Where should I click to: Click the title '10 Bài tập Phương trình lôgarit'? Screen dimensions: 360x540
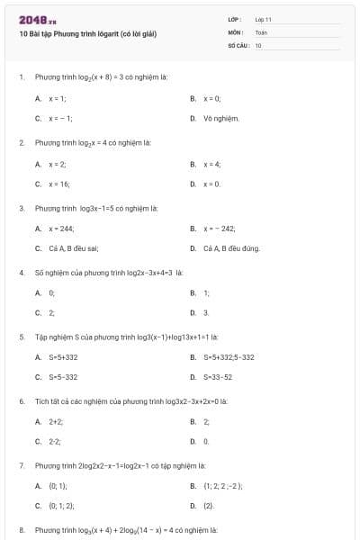[x=87, y=34]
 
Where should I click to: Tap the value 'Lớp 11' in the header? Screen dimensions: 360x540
[x=264, y=19]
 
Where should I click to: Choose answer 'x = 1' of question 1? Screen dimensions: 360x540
[x=57, y=98]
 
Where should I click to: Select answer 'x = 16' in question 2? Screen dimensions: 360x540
[x=58, y=184]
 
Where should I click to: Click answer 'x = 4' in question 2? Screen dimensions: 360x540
[x=212, y=164]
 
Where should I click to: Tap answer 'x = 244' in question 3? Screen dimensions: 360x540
[x=61, y=229]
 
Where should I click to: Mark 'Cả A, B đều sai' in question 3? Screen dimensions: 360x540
[x=74, y=248]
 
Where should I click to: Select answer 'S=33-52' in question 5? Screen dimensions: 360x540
[x=218, y=377]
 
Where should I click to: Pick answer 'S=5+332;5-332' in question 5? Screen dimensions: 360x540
[x=229, y=357]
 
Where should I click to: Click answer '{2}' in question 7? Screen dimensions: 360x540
[x=209, y=506]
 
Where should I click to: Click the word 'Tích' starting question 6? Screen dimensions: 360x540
[x=41, y=400]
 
